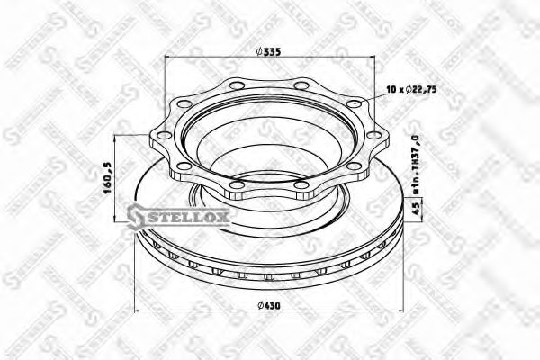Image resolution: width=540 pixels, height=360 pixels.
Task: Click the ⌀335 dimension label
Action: pyautogui.click(x=270, y=51)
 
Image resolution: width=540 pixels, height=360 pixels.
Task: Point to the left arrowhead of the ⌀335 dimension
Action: pyautogui.click(x=168, y=60)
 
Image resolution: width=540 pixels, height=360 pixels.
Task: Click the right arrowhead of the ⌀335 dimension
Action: pyautogui.click(x=372, y=60)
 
